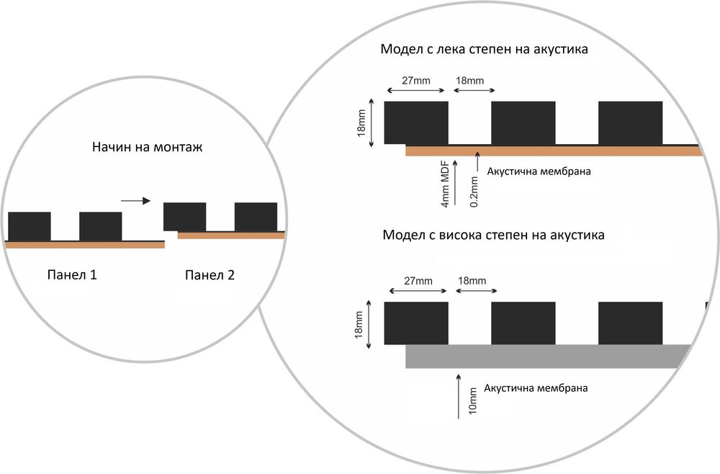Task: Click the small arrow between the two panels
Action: tap(136, 201)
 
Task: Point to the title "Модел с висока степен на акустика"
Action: tap(494, 235)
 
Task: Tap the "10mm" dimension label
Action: tap(472, 401)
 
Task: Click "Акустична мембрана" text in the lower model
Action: tap(537, 388)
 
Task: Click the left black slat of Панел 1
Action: tap(30, 226)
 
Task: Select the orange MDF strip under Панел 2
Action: tap(230, 236)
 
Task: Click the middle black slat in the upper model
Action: tap(523, 122)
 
